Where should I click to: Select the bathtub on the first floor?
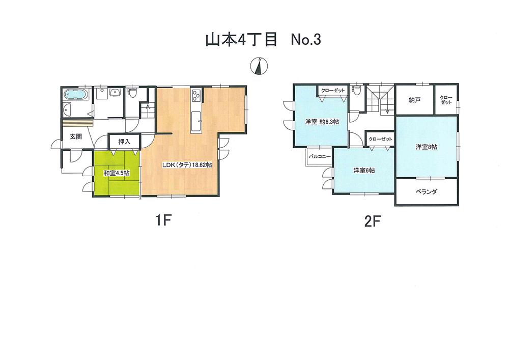(76, 95)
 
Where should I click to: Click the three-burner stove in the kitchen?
(196, 95)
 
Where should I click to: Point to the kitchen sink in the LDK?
(196, 121)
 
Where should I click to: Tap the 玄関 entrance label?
(70, 136)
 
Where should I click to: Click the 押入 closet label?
(124, 142)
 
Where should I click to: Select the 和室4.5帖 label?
(116, 173)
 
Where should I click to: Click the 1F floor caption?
(165, 220)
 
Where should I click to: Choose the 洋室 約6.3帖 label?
(322, 122)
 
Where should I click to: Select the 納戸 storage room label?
(414, 100)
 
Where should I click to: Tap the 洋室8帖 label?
(427, 147)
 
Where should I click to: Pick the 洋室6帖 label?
(364, 171)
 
